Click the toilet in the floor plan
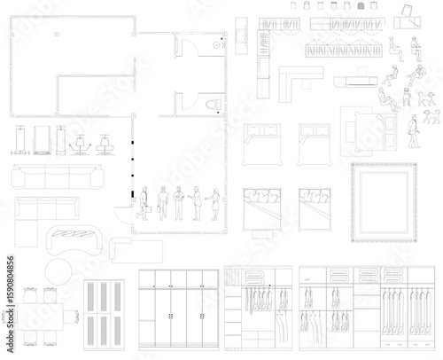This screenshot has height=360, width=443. pos(211,106)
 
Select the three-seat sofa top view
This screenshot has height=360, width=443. pos(50,176)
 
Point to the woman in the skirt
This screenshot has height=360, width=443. pos(213,204)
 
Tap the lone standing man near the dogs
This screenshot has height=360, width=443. pos(413,131)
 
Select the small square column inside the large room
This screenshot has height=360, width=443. pos(55,34)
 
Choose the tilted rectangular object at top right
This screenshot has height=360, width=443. pos(407,10)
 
